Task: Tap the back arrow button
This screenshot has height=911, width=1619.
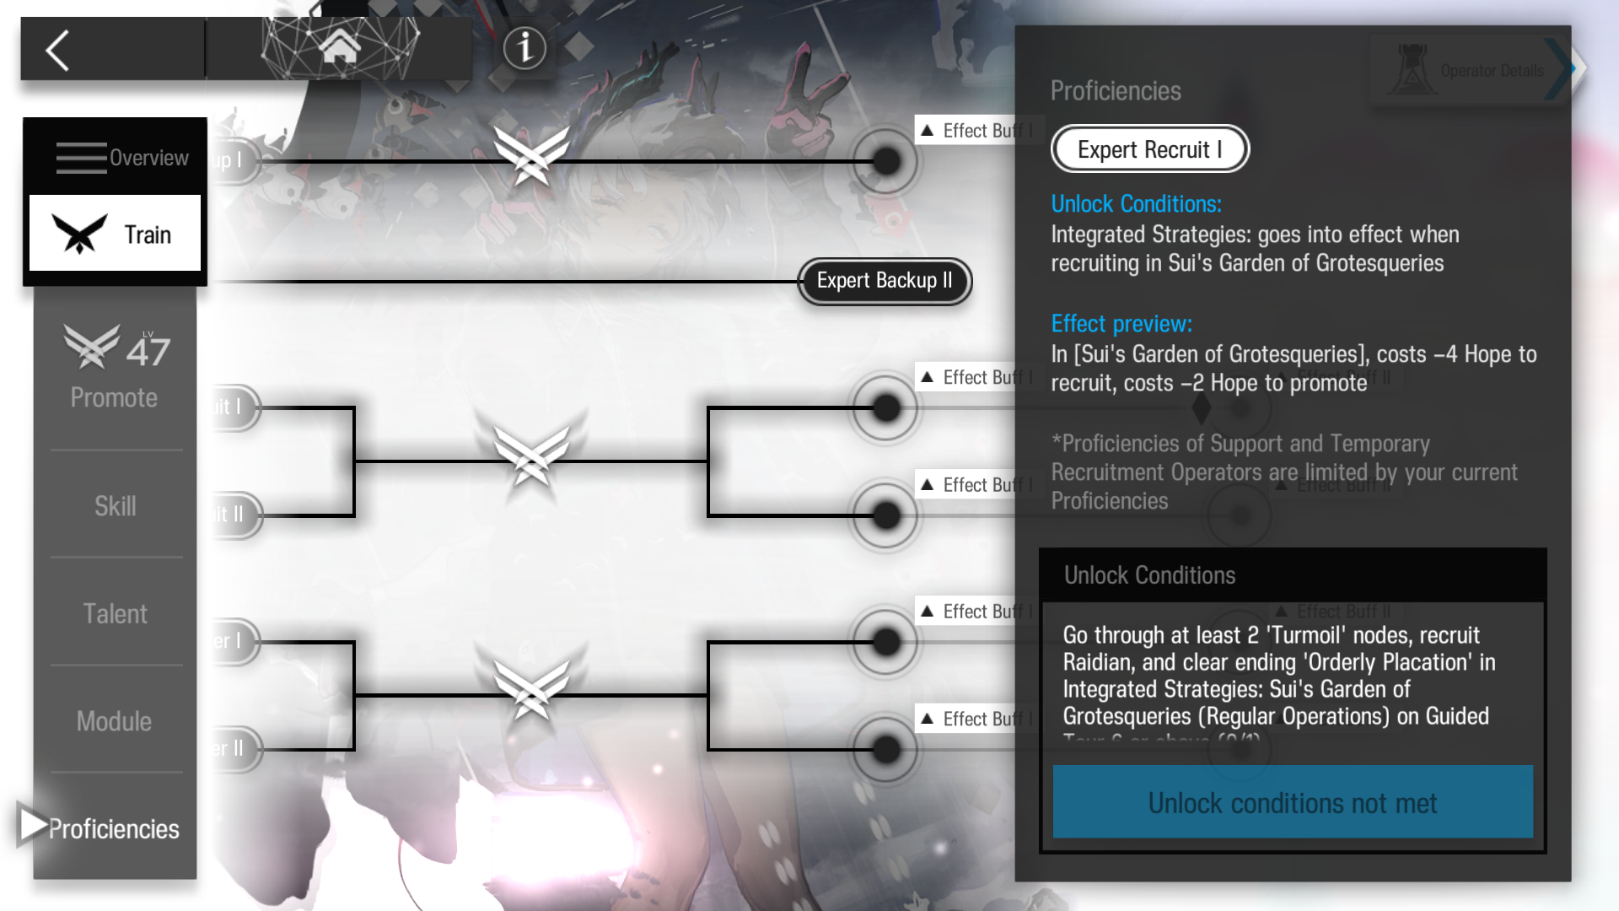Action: pos(57,51)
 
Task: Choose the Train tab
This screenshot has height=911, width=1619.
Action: pos(115,234)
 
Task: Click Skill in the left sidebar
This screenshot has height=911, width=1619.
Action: pos(115,506)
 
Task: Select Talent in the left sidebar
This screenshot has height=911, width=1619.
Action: pos(115,613)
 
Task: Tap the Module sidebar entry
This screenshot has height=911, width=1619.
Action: pos(115,721)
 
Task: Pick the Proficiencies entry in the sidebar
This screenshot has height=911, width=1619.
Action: pos(113,828)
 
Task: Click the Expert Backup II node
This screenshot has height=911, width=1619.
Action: pos(885,281)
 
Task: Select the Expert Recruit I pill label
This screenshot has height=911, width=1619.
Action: pos(1149,149)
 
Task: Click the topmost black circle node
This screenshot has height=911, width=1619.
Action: pos(885,161)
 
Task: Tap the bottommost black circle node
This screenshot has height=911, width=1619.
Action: pos(885,749)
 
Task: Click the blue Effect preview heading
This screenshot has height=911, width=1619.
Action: pos(1121,324)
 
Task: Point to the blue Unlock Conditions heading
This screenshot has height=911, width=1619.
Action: pos(1136,204)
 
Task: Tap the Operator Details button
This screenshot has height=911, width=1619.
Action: pos(1471,71)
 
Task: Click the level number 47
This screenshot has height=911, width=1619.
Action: pos(148,351)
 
